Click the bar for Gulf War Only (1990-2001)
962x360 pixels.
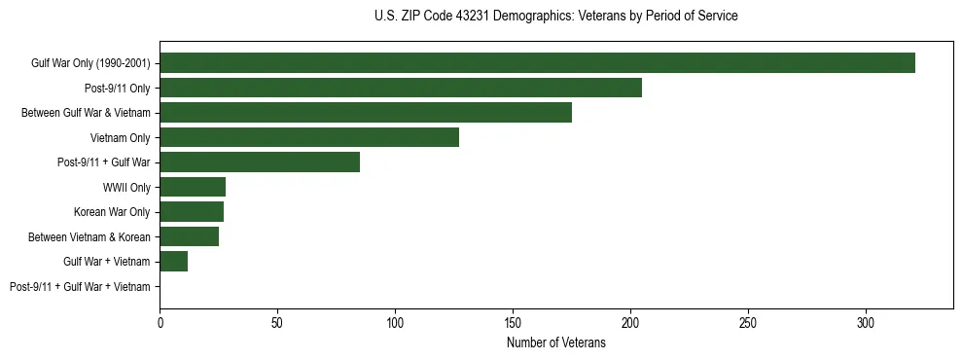coord(537,62)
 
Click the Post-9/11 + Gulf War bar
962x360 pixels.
coord(260,162)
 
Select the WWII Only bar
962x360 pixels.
coord(193,187)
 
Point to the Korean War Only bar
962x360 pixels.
coord(192,212)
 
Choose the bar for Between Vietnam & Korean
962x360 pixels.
coord(190,236)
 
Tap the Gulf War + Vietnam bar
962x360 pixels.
coord(174,262)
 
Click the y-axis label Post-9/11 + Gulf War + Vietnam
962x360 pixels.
coord(80,287)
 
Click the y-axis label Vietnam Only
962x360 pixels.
coord(120,138)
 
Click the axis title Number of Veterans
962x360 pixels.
coord(556,342)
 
